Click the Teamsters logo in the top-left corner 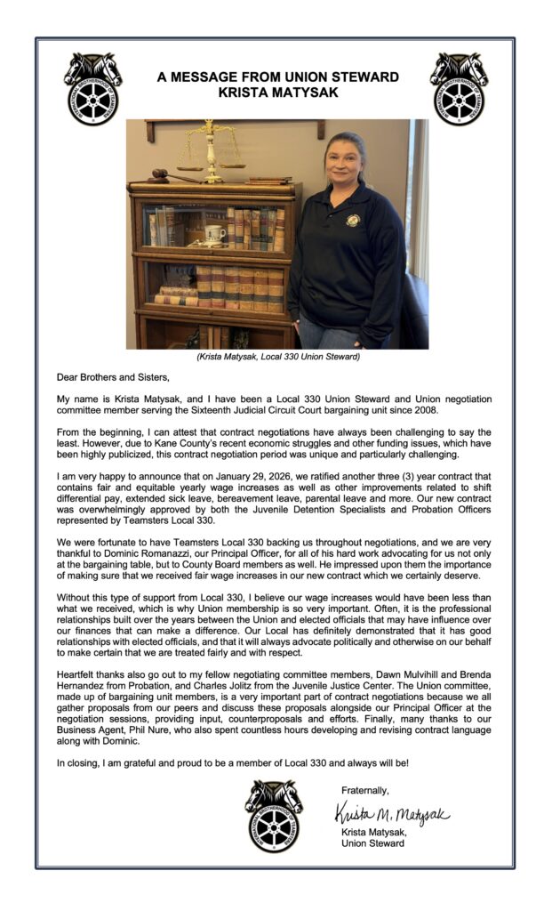(92, 87)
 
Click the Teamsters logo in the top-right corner (459, 87)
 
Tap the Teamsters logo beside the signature (274, 815)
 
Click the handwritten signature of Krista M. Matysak (392, 813)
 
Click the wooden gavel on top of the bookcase (169, 175)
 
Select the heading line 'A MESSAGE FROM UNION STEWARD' (277, 77)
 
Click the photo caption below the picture (277, 357)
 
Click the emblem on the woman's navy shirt (353, 220)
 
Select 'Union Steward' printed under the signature (373, 842)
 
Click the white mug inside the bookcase (213, 233)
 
